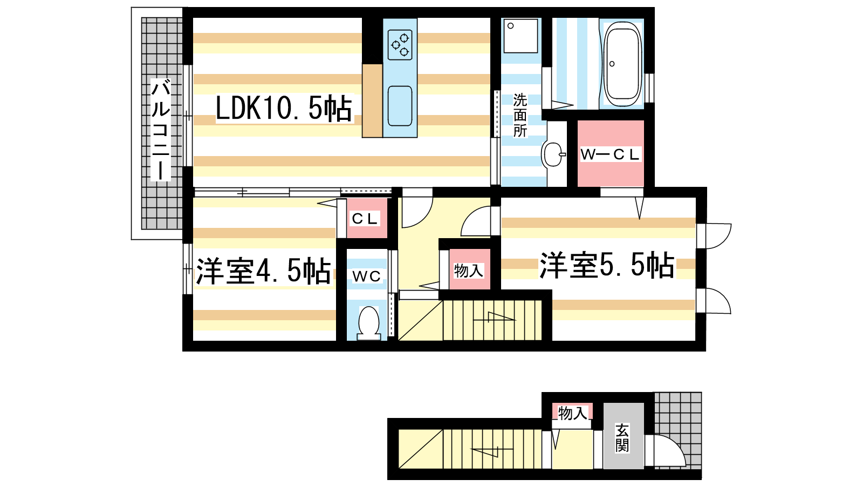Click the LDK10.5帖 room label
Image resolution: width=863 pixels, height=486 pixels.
click(x=284, y=109)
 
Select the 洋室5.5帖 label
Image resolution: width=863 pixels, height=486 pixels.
click(x=607, y=265)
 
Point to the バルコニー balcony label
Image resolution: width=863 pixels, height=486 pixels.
click(x=161, y=130)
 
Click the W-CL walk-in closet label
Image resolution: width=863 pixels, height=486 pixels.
click(x=610, y=154)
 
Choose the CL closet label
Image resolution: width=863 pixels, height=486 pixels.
click(x=365, y=219)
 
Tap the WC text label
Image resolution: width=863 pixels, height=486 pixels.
click(x=366, y=276)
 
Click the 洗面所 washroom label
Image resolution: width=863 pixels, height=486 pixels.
click(x=520, y=116)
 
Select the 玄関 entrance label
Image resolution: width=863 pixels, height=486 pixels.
click(x=622, y=438)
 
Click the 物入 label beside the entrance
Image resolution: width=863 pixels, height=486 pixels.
click(x=572, y=413)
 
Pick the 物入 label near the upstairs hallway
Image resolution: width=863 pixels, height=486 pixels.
click(x=469, y=271)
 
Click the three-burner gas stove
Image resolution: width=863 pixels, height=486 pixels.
click(x=400, y=45)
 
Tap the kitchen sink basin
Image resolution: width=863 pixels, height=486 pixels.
click(x=400, y=106)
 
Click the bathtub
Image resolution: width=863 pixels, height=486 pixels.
click(x=622, y=64)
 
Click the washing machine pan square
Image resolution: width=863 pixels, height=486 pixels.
click(x=520, y=36)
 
